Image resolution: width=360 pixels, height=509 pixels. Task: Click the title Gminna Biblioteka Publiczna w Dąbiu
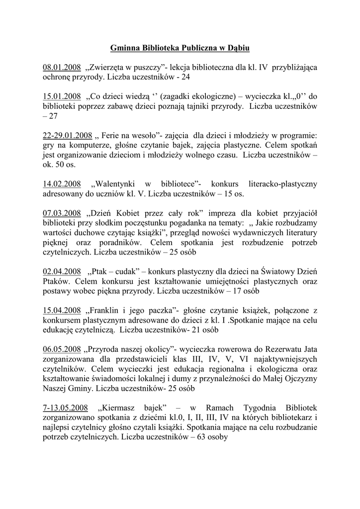(x=180, y=48)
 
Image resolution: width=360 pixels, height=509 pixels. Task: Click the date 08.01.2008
(x=62, y=67)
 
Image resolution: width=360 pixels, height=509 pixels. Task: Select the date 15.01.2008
(x=62, y=96)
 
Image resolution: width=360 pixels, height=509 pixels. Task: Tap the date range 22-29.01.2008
(x=68, y=135)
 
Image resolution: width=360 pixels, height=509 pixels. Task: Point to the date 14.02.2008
(x=62, y=183)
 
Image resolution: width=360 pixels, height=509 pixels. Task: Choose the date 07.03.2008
(x=62, y=213)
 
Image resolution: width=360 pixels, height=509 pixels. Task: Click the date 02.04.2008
(x=62, y=271)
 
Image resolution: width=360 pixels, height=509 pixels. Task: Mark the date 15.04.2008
(x=62, y=310)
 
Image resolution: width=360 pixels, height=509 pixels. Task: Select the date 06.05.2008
(x=62, y=349)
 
